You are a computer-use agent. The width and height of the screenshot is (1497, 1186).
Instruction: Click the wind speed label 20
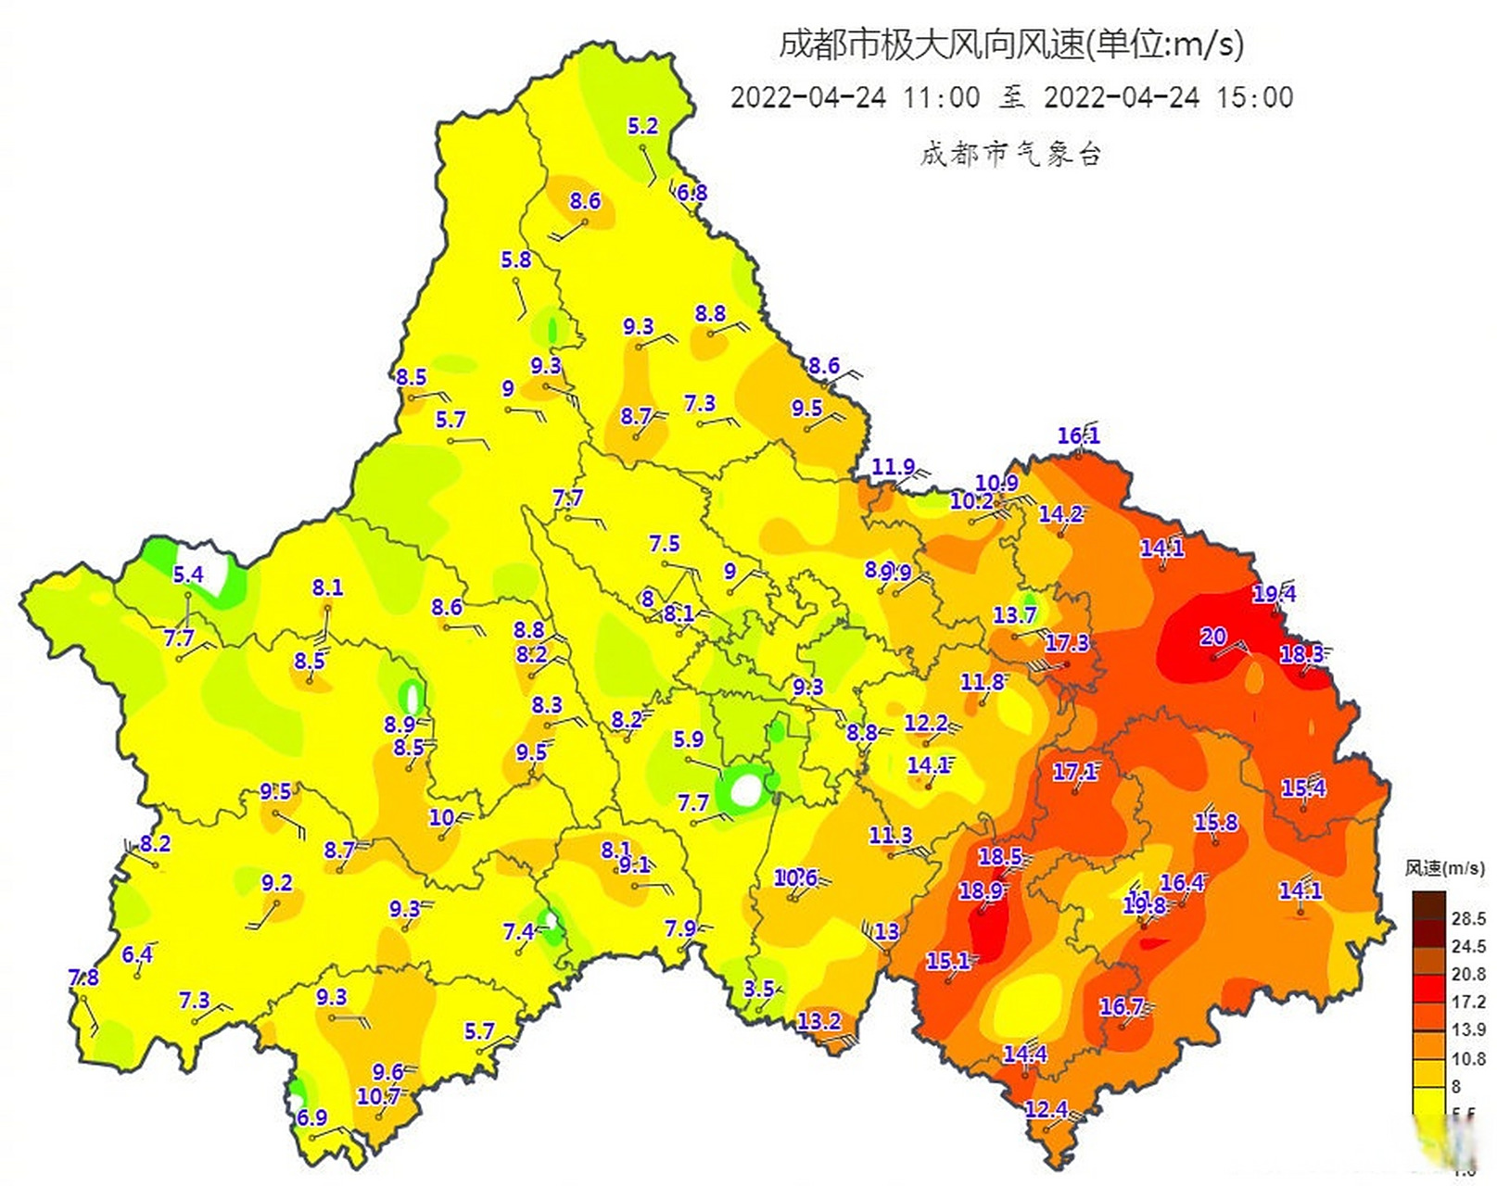[1212, 637]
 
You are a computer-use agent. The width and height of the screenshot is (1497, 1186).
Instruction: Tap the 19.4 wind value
[1275, 594]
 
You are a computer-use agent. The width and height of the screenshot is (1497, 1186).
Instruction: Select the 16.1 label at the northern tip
[1078, 435]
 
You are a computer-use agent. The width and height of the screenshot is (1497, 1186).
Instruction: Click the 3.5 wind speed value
[758, 989]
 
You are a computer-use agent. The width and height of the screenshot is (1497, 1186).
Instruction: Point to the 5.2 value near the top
[642, 126]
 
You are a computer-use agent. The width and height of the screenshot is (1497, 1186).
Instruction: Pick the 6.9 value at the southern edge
[311, 1117]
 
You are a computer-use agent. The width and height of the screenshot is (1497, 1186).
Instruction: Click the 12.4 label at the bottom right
[1047, 1109]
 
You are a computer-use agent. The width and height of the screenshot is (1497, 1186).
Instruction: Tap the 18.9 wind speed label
[981, 891]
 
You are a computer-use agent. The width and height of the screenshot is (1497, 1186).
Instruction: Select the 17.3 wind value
[1067, 643]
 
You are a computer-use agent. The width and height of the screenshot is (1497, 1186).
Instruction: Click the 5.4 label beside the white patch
[188, 574]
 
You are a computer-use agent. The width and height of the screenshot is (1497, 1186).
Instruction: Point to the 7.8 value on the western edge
[83, 978]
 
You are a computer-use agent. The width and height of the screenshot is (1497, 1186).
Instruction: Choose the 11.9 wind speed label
[893, 467]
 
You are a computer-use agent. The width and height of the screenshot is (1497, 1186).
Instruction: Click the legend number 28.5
[1468, 918]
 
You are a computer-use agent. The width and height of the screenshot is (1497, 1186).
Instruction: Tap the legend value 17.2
[1468, 1002]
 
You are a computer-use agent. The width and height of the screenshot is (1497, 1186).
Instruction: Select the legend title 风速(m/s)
[1444, 868]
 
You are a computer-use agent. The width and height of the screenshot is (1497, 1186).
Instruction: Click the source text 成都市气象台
[1010, 154]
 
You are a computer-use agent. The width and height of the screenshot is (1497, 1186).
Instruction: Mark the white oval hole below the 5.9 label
[746, 790]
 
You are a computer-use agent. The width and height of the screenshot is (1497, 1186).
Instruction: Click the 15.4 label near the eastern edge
[1303, 789]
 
